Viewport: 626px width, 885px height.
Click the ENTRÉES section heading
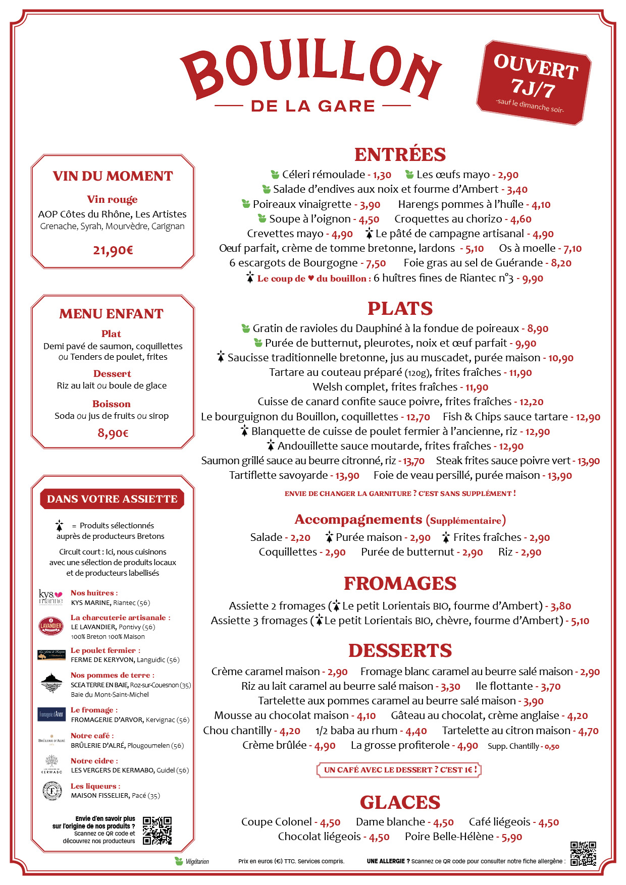(x=400, y=154)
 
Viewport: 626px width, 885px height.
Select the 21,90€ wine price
(x=113, y=250)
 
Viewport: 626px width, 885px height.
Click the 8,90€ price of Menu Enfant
(x=113, y=433)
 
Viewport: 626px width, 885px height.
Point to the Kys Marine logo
(x=51, y=597)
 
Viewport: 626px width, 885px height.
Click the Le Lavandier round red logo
(x=51, y=626)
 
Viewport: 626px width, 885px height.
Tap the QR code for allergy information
(x=583, y=854)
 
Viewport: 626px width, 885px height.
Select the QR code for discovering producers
(x=157, y=831)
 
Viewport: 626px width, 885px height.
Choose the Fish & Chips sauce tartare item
(x=505, y=417)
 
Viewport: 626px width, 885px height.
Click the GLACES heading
(x=400, y=802)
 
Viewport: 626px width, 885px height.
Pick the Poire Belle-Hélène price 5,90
(x=512, y=837)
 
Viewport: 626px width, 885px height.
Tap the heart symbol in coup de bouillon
(x=311, y=278)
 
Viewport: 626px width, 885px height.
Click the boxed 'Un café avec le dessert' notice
(x=399, y=770)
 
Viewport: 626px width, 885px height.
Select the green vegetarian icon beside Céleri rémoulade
(x=275, y=175)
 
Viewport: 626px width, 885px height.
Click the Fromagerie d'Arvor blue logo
(x=51, y=714)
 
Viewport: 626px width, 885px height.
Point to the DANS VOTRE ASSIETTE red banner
(x=112, y=499)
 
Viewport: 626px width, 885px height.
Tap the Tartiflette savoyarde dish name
(x=278, y=475)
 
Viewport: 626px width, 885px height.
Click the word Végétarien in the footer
(x=197, y=861)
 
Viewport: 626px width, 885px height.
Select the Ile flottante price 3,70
(x=551, y=687)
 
